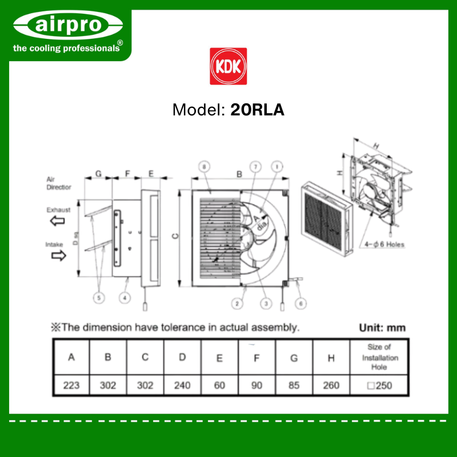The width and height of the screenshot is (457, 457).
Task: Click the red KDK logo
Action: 228,66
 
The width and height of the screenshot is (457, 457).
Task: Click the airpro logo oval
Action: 68,25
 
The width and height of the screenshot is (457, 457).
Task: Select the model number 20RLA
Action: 257,110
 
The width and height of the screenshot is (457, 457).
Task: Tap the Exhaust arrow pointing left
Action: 58,221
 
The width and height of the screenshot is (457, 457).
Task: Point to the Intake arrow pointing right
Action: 59,255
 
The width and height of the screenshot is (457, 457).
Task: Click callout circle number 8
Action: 204,167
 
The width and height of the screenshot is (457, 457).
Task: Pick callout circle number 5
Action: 99,298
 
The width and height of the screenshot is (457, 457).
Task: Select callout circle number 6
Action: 301,304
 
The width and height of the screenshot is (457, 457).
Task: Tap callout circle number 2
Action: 237,304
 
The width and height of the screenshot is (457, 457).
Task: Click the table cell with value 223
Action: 71,385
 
